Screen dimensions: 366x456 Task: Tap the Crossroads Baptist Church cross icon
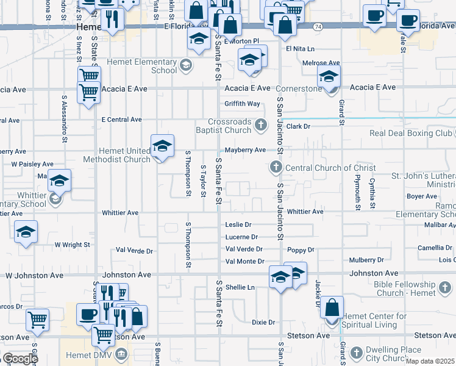(261, 125)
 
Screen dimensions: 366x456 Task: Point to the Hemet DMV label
(89, 353)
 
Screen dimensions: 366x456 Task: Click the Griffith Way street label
(242, 104)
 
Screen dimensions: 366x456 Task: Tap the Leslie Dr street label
(238, 224)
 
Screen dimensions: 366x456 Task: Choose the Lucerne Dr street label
(241, 237)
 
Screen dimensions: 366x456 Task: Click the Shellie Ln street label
(240, 287)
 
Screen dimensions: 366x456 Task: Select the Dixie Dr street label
(263, 321)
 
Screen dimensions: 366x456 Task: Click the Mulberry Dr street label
(366, 260)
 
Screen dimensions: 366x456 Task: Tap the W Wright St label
(72, 245)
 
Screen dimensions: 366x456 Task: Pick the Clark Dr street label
(299, 126)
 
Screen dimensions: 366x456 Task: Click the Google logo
(20, 359)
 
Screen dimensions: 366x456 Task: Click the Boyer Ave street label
(422, 196)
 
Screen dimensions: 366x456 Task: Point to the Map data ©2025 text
(430, 361)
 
